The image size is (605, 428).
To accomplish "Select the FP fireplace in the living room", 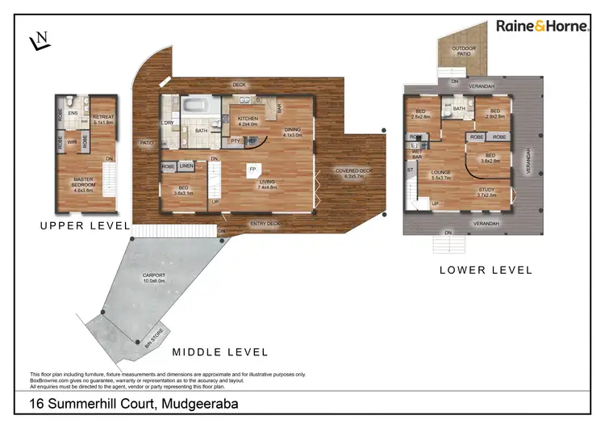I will click(252, 169).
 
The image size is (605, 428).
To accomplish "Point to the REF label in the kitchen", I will click(251, 141).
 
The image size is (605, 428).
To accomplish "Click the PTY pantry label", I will click(235, 141).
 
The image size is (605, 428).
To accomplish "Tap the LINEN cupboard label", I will click(186, 166).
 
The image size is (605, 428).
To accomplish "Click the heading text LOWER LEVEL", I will click(486, 271).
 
